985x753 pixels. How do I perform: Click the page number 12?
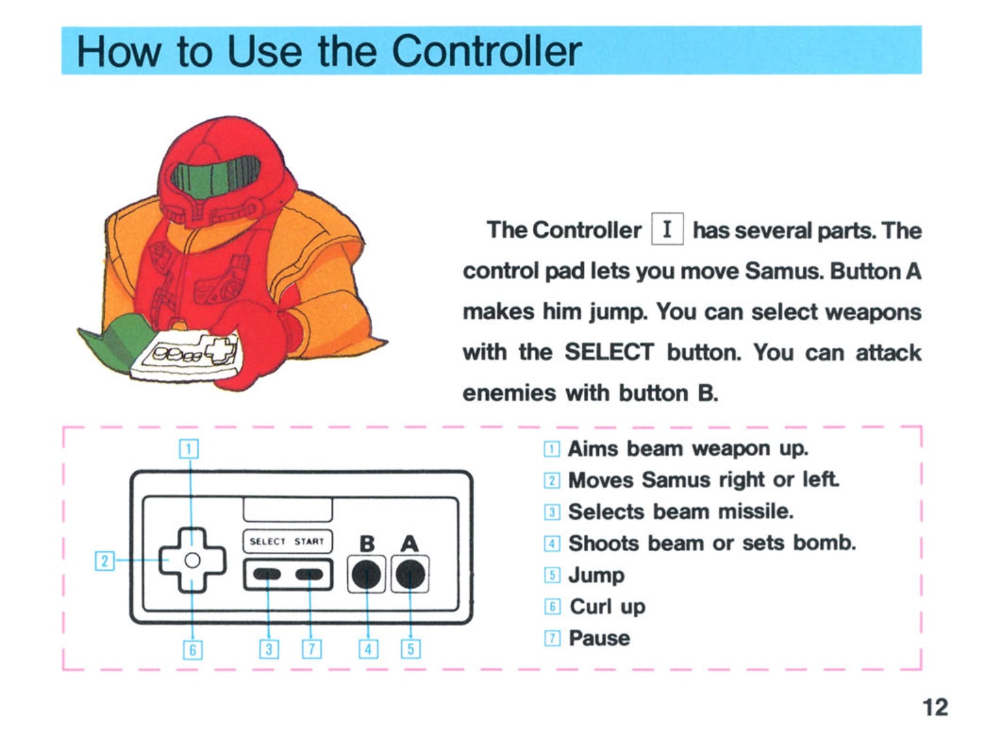pyautogui.click(x=935, y=707)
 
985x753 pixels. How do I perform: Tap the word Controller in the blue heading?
pyautogui.click(x=486, y=51)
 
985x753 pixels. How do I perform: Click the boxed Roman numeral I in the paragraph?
pyautogui.click(x=667, y=229)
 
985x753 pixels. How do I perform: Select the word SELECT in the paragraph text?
pyautogui.click(x=609, y=353)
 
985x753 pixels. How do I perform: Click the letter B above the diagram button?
pyautogui.click(x=367, y=543)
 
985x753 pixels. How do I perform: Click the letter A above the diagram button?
pyautogui.click(x=410, y=543)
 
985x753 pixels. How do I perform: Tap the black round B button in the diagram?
pyautogui.click(x=366, y=575)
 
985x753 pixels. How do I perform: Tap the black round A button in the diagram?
pyautogui.click(x=410, y=575)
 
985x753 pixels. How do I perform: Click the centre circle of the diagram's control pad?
pyautogui.click(x=192, y=560)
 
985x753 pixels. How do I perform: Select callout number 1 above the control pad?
pyautogui.click(x=189, y=449)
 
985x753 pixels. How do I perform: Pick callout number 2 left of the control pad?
pyautogui.click(x=104, y=561)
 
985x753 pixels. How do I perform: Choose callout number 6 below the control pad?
pyautogui.click(x=192, y=649)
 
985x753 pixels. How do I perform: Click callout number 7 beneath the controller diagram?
pyautogui.click(x=311, y=649)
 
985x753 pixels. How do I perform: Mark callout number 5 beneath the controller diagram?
pyautogui.click(x=411, y=649)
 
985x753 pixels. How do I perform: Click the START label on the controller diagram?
pyautogui.click(x=309, y=541)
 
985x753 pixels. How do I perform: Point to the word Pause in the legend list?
pyautogui.click(x=599, y=638)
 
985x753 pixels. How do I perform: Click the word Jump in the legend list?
pyautogui.click(x=596, y=575)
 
